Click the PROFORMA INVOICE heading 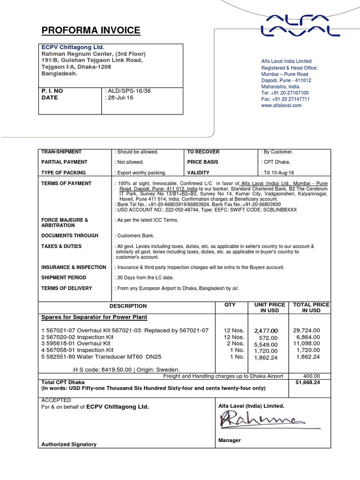click(x=90, y=31)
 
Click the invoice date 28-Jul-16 click(x=120, y=97)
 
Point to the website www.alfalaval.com click(x=281, y=105)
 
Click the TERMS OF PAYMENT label click(x=67, y=183)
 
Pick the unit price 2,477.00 click(x=266, y=331)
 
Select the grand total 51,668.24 click(x=307, y=382)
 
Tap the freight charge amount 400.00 click(x=311, y=376)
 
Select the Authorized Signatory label click(x=69, y=444)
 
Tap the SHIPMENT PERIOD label click(x=64, y=277)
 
